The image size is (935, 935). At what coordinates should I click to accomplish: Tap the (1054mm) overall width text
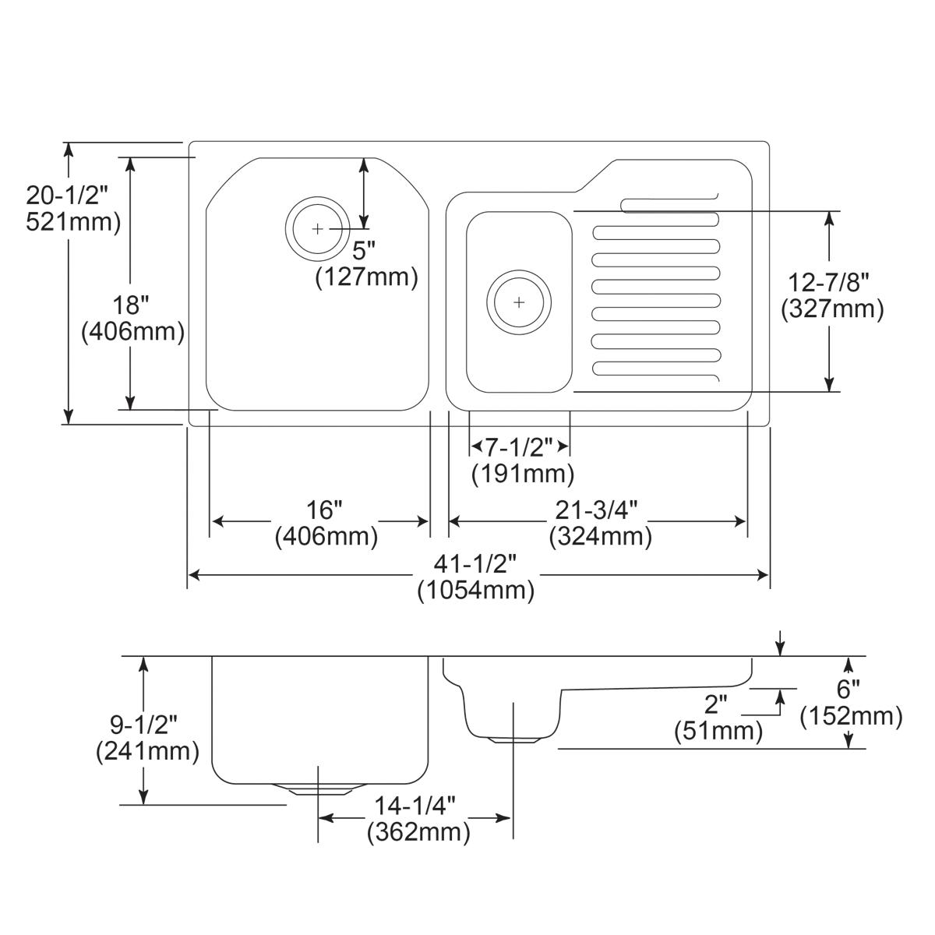[475, 591]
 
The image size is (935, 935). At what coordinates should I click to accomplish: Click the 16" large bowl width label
[324, 511]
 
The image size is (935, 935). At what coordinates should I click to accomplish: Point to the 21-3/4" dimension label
[597, 511]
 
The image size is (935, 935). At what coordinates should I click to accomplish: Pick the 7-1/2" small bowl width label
[519, 447]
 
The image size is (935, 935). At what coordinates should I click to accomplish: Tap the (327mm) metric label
[832, 309]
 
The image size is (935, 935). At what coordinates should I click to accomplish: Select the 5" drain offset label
[364, 251]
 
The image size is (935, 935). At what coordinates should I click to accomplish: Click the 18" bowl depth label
[133, 305]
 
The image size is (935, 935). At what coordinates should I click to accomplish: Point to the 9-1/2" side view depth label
[143, 725]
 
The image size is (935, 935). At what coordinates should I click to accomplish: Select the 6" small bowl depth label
[849, 690]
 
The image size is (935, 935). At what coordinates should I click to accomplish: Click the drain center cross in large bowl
[317, 229]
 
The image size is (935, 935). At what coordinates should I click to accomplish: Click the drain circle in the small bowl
[519, 302]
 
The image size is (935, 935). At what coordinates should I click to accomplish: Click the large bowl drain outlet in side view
[318, 789]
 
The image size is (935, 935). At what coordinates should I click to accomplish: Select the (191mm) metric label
[522, 473]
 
